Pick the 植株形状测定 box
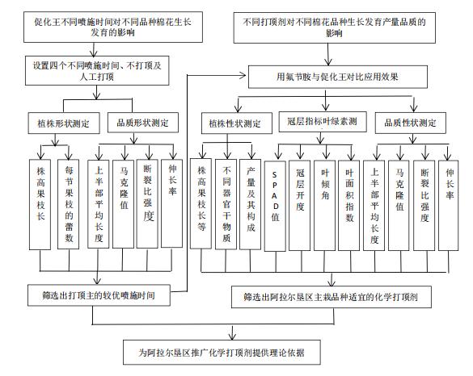pos(62,123)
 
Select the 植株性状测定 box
pos(235,125)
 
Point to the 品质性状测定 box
pos(411,123)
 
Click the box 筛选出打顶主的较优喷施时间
pos(102,296)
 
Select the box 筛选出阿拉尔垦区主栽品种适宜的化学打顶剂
pos(336,297)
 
